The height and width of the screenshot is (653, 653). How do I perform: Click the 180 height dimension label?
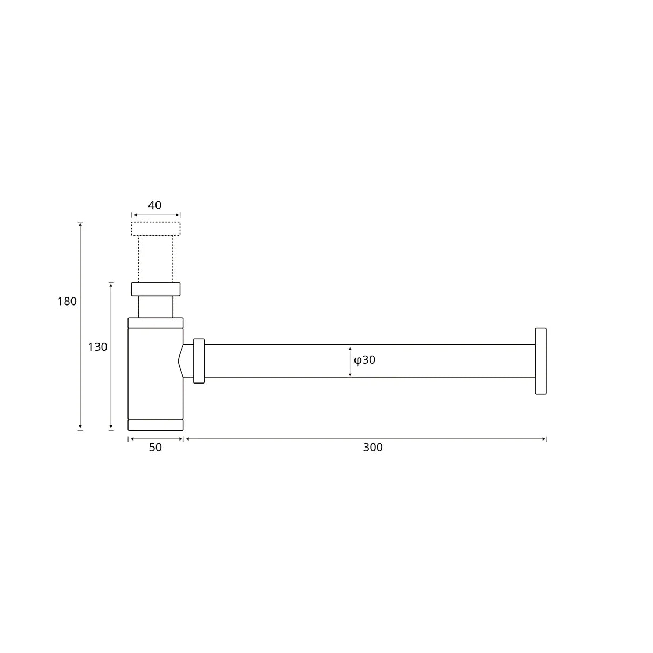point(67,302)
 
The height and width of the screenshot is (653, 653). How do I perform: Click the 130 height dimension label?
point(97,347)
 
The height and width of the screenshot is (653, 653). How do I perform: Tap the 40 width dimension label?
point(155,205)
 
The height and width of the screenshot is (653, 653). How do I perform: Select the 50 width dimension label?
point(155,448)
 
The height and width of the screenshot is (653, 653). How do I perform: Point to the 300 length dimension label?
point(372,448)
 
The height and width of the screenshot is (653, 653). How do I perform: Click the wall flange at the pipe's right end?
point(541,361)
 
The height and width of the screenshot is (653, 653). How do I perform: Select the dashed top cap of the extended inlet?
point(155,229)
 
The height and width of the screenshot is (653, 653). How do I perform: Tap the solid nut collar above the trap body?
point(155,289)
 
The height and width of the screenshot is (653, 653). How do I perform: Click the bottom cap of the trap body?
point(155,425)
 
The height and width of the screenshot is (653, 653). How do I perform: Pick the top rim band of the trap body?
point(155,323)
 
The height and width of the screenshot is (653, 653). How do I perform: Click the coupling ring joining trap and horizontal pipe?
point(199,361)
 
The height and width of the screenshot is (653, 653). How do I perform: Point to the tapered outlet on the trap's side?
point(186,361)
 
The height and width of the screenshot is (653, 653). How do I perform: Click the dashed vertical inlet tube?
point(155,259)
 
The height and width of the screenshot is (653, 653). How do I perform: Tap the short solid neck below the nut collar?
point(155,307)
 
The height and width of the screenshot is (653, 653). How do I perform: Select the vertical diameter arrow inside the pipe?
point(350,361)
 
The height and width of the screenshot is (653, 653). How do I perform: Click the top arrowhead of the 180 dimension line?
point(80,224)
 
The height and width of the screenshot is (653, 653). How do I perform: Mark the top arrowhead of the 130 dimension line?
point(111,285)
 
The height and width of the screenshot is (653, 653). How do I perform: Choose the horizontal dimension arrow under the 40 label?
point(155,215)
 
